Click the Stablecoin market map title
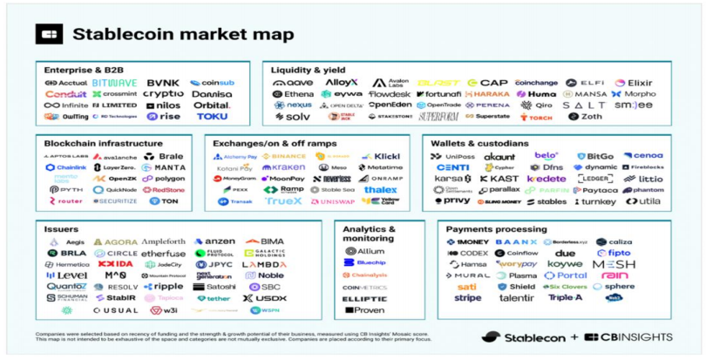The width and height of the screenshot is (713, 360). pyautogui.click(x=182, y=35)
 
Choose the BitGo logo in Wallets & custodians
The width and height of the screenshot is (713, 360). pyautogui.click(x=594, y=156)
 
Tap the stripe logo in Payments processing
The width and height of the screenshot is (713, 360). pyautogui.click(x=467, y=298)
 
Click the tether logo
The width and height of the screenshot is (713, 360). pyautogui.click(x=214, y=298)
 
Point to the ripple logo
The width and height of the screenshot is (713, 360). pyautogui.click(x=163, y=287)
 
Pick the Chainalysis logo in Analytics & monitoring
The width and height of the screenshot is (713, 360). pyautogui.click(x=364, y=275)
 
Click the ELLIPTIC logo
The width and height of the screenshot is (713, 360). pyautogui.click(x=364, y=298)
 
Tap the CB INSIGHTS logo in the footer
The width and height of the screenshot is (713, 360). pyautogui.click(x=628, y=337)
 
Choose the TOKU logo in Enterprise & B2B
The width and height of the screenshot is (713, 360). pyautogui.click(x=212, y=116)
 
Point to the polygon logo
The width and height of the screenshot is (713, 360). pyautogui.click(x=165, y=179)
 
